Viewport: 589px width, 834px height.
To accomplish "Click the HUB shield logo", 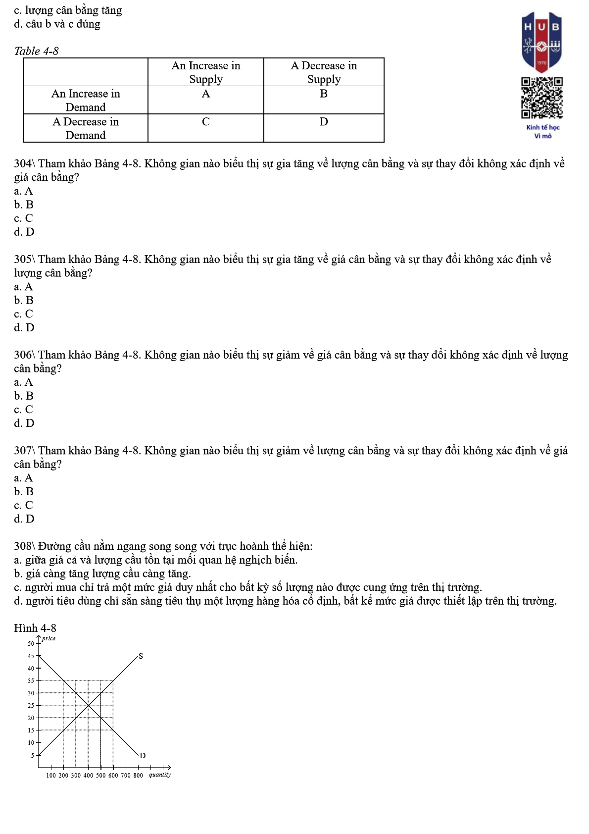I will [x=541, y=42].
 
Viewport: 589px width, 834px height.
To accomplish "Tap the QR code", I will [x=541, y=98].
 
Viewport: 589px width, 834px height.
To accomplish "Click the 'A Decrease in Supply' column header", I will [x=324, y=72].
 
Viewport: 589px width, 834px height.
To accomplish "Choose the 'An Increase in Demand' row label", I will [x=86, y=101].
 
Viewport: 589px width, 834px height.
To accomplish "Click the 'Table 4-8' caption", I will [x=36, y=51].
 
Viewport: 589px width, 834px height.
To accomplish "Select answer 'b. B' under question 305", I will [x=24, y=301].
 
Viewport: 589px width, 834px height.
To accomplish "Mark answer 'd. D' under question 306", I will [x=24, y=423].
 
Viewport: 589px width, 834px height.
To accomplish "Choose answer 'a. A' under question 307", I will [x=23, y=478].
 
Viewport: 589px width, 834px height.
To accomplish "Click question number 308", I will [x=23, y=547].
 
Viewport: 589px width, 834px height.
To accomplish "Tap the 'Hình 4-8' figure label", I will [x=35, y=628].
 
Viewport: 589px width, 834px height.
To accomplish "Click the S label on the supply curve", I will [x=141, y=656].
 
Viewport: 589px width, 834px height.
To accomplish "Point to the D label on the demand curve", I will [x=143, y=756].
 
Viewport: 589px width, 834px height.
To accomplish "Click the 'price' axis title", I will [x=49, y=639].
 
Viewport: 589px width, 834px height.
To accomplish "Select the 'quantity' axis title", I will [x=160, y=775].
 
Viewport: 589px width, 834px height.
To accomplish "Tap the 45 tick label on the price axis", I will [x=31, y=656].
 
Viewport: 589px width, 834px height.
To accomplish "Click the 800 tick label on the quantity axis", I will [x=138, y=776].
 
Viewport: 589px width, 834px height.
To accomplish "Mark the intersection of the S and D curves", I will [x=88, y=706].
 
